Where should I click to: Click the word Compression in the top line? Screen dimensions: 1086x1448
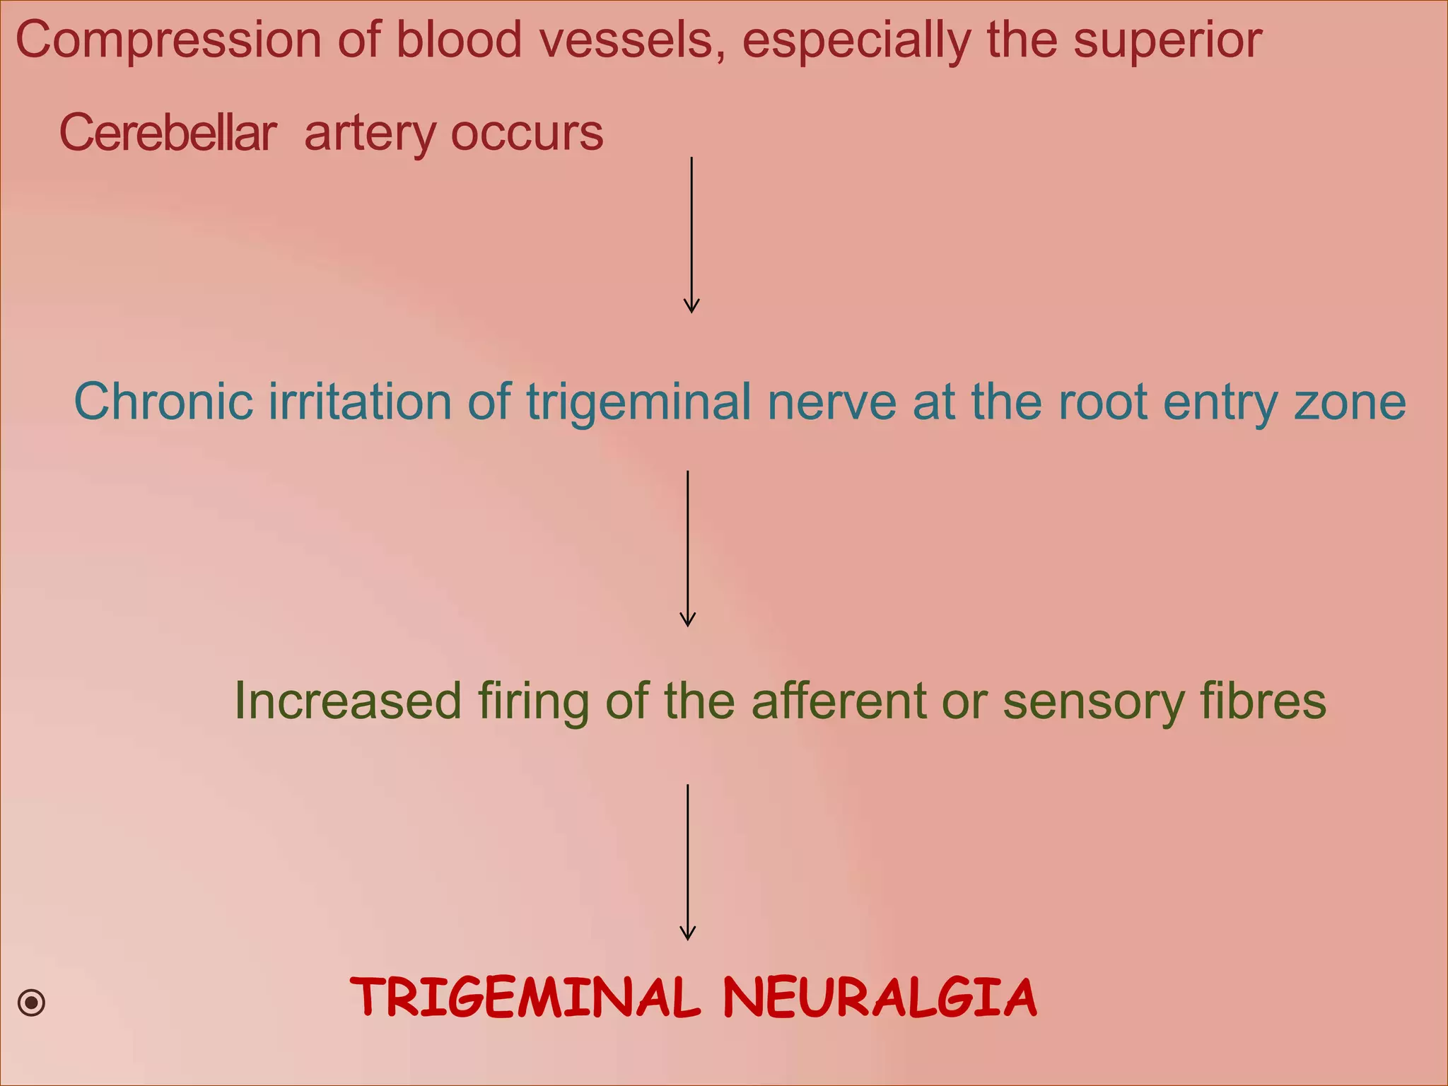pyautogui.click(x=169, y=41)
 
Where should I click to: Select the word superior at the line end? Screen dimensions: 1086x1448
pyautogui.click(x=1167, y=41)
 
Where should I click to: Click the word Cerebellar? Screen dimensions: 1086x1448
pyautogui.click(x=168, y=133)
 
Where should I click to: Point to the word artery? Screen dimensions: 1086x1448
pyautogui.click(x=370, y=134)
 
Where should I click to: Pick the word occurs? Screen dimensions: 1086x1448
pyautogui.click(x=527, y=133)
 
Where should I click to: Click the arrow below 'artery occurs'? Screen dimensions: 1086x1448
pyautogui.click(x=691, y=235)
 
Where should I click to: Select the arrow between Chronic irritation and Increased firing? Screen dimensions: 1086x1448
pyautogui.click(x=688, y=549)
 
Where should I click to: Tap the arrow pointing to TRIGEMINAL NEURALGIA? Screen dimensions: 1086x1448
pyautogui.click(x=688, y=862)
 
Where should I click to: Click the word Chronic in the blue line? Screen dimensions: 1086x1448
pyautogui.click(x=163, y=402)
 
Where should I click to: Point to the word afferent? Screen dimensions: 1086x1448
pyautogui.click(x=839, y=701)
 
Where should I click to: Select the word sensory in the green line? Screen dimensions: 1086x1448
pyautogui.click(x=1093, y=702)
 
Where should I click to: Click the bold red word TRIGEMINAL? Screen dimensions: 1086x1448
pyautogui.click(x=525, y=997)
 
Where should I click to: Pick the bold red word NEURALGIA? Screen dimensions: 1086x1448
pyautogui.click(x=880, y=997)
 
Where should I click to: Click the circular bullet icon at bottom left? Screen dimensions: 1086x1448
pyautogui.click(x=32, y=1003)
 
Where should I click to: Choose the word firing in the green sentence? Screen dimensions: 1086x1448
pyautogui.click(x=533, y=702)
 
